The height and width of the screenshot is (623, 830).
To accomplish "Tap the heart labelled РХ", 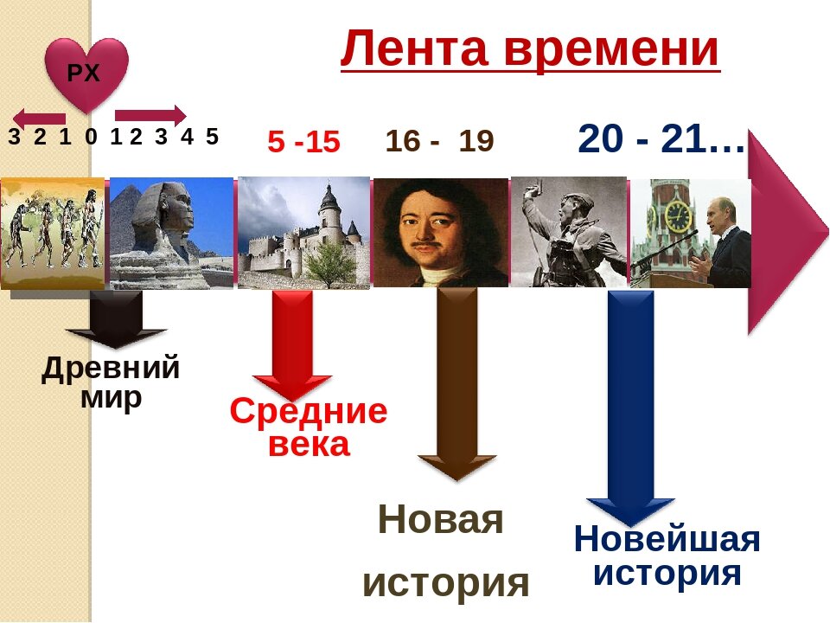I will point(86,74).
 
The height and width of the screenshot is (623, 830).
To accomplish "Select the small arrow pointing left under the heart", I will point(39,119).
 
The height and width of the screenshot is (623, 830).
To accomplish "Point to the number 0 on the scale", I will point(91,137).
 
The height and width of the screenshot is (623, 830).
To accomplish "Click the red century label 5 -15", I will point(303,142).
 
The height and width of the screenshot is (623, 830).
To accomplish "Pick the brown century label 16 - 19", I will point(439,141).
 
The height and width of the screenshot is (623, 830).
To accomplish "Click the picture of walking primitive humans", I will point(53,232).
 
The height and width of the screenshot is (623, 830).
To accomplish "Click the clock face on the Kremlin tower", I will point(677,212).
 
